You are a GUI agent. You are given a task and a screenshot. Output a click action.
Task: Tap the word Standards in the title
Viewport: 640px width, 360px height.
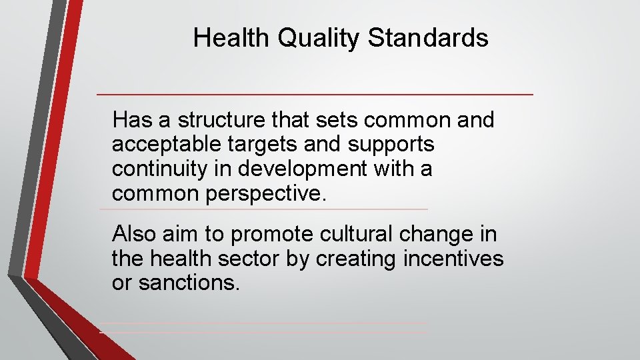427,38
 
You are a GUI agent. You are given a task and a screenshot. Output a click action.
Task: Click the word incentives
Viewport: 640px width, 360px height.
454,259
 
